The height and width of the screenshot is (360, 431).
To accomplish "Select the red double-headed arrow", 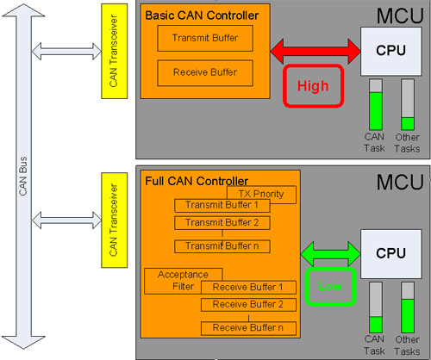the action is [315, 52].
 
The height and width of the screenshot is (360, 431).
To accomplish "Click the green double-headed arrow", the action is [330, 254].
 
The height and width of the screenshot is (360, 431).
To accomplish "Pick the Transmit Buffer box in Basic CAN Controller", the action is [205, 38].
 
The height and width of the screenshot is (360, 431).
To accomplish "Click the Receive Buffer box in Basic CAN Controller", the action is [205, 72].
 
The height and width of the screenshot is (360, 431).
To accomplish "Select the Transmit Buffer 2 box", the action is [222, 223].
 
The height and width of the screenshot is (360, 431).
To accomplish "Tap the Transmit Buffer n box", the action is [222, 246].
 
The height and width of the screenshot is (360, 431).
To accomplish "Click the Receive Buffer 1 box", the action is [248, 288].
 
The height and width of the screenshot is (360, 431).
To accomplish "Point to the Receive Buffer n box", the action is [248, 328].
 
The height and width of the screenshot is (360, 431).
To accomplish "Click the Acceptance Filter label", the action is [183, 281].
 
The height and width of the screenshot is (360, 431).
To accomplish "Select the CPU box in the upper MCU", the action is [391, 52].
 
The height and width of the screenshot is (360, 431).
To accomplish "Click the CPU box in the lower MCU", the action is [391, 254].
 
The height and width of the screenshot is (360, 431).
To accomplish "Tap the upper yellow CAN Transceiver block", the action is [115, 51].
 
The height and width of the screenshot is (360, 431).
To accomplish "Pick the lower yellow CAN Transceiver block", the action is [115, 220].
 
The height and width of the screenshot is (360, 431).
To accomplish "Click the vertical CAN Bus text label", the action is [23, 176].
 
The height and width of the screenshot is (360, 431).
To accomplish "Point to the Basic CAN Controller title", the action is [202, 16].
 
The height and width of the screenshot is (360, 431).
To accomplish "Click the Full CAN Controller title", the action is [197, 181].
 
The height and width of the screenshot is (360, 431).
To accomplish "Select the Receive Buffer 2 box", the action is [248, 305].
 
